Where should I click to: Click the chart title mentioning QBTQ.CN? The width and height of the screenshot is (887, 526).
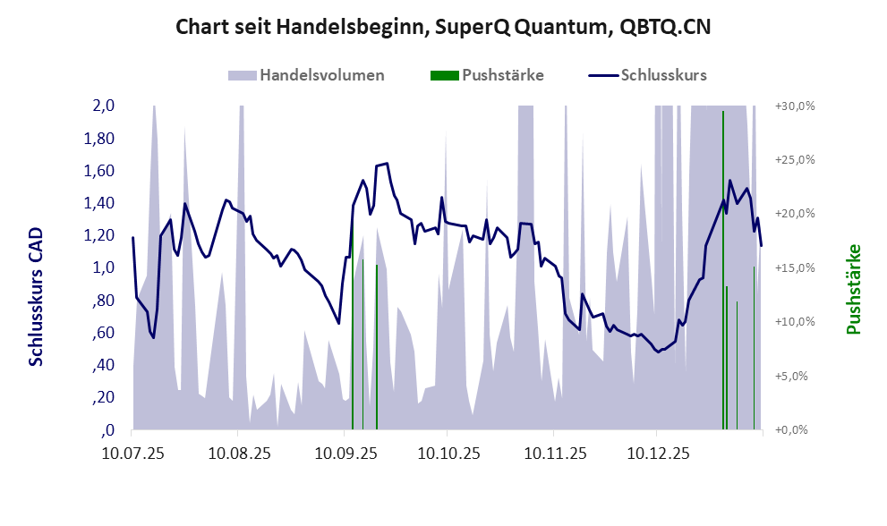click(443, 27)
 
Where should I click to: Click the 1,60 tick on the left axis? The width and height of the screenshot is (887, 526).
click(100, 171)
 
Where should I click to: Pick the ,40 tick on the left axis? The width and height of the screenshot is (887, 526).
click(103, 365)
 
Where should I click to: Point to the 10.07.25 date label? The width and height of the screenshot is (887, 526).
click(132, 454)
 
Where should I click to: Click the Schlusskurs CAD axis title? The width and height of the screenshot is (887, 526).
click(37, 296)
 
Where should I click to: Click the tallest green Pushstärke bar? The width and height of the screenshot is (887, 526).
click(722, 268)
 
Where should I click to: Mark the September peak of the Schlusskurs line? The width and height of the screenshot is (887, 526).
click(386, 164)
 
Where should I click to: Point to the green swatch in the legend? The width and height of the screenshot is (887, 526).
click(444, 75)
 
